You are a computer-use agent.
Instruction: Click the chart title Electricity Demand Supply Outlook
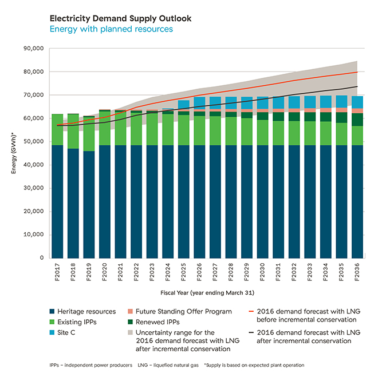tap(120, 18)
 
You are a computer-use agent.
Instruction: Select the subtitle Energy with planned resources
tap(111, 29)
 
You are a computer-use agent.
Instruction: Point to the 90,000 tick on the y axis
tap(34, 49)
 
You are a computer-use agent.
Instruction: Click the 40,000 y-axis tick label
tap(34, 165)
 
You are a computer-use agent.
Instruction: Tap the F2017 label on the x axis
tap(57, 272)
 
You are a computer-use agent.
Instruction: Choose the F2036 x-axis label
tap(357, 272)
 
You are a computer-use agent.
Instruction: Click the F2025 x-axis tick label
tap(184, 272)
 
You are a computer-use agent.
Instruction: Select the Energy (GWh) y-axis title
tap(14, 153)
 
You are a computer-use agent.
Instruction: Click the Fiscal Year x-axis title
tap(207, 293)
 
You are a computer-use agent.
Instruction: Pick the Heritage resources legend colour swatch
tap(52, 311)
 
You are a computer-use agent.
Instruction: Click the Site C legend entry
tap(62, 332)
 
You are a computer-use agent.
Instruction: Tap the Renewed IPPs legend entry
tap(153, 322)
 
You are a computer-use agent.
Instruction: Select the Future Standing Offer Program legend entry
tap(180, 311)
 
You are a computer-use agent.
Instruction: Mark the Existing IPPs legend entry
tap(73, 322)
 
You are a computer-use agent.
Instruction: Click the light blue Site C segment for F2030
tap(263, 103)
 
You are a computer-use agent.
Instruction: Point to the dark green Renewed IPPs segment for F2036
tap(357, 120)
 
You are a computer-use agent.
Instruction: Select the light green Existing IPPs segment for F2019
tap(89, 134)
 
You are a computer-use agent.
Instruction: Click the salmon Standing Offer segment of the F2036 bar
tap(357, 111)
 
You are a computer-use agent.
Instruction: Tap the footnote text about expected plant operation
tap(254, 365)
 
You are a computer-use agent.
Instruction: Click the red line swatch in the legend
tap(251, 311)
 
